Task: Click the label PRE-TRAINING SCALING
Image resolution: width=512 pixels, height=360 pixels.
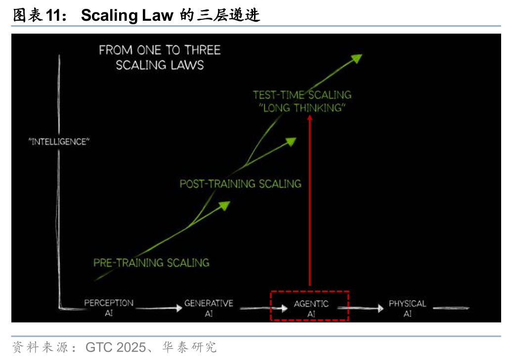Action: (151, 263)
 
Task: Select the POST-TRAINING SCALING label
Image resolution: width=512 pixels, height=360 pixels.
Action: (240, 184)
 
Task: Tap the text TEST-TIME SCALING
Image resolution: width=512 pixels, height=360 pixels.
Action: (302, 94)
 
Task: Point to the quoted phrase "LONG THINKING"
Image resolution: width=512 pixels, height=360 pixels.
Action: (302, 108)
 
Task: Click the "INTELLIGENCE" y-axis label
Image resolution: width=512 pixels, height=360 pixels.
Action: (59, 142)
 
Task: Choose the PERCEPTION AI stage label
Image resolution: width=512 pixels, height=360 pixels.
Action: (109, 308)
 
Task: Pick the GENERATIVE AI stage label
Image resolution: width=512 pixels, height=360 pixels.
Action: (209, 308)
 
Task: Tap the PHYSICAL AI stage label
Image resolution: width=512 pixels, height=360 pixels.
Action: (407, 308)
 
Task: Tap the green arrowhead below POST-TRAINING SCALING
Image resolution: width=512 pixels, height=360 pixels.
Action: (225, 205)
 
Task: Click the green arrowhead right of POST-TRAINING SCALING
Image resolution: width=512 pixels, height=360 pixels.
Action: (291, 141)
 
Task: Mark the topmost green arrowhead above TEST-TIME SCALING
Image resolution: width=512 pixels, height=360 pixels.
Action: (356, 58)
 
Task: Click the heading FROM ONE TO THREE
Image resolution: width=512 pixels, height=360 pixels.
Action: (160, 50)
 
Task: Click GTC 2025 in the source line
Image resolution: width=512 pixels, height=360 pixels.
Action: (116, 347)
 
